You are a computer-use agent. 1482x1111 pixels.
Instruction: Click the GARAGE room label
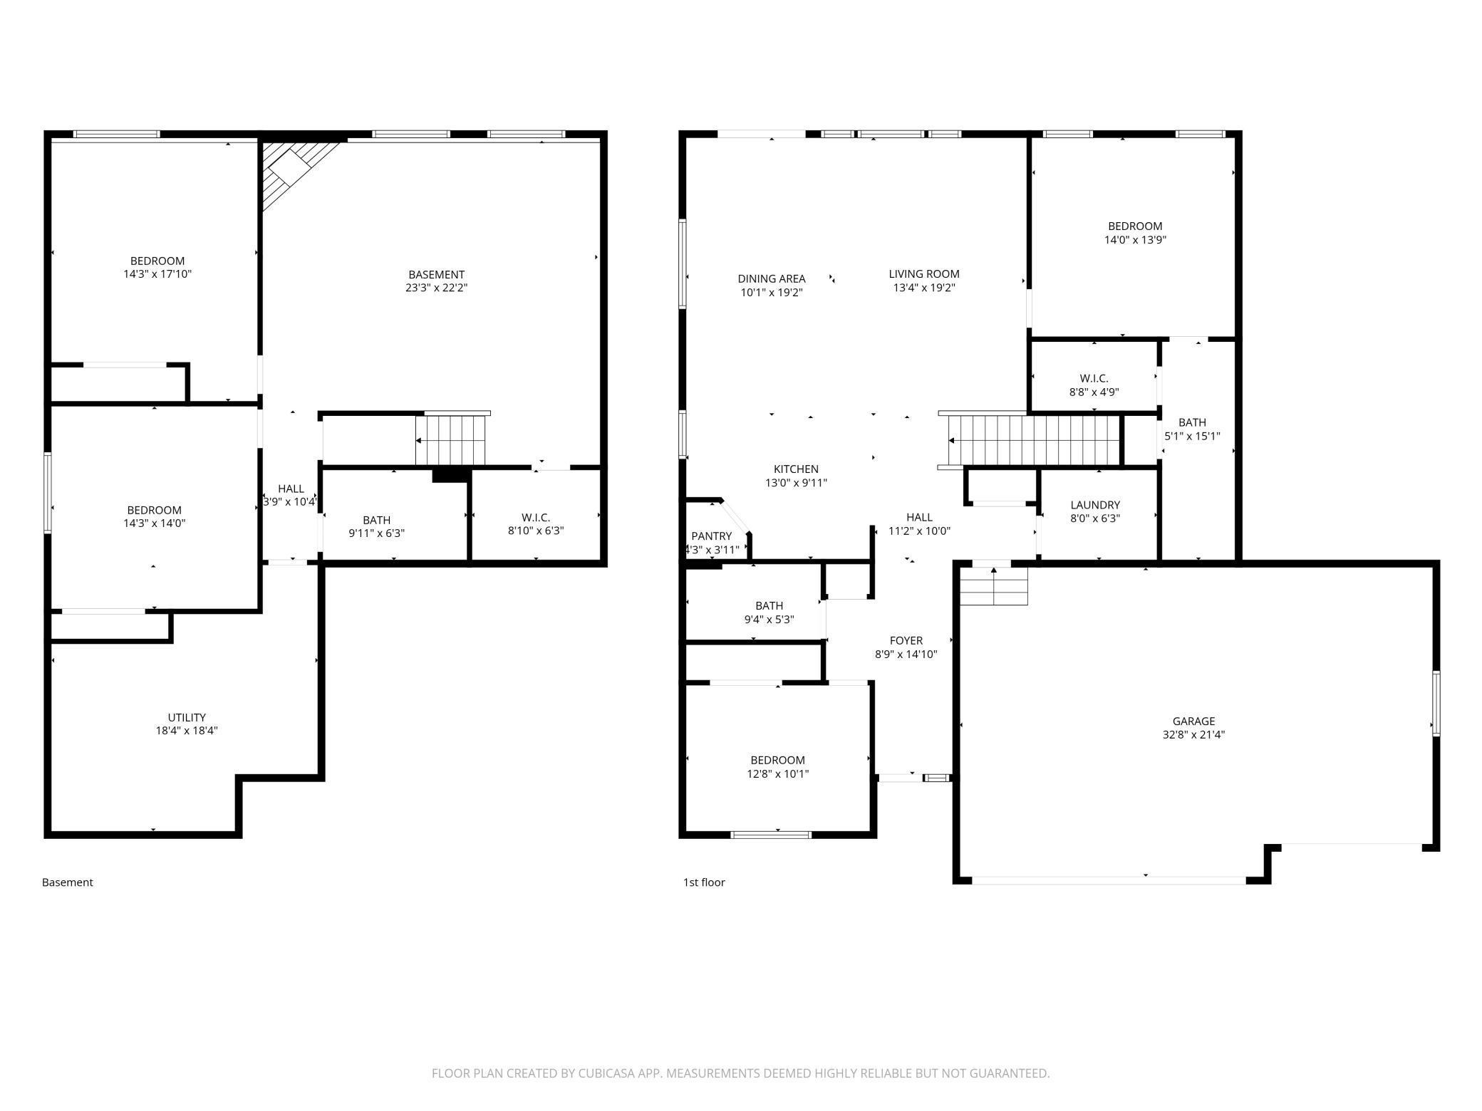tap(1193, 721)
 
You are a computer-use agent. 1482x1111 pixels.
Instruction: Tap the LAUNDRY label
tap(1095, 505)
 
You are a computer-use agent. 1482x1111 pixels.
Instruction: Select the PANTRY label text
tap(711, 536)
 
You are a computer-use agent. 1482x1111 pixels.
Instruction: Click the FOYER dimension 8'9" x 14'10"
tap(906, 654)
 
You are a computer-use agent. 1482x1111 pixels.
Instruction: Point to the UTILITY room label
tap(187, 717)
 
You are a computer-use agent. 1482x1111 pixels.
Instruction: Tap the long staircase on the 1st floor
tap(1033, 440)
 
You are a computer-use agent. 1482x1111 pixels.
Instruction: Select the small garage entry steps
tap(993, 587)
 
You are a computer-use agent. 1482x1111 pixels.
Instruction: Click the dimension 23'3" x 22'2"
tap(436, 288)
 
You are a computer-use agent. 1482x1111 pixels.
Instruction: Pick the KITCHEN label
tap(796, 469)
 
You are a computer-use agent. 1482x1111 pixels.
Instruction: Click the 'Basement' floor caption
tap(68, 882)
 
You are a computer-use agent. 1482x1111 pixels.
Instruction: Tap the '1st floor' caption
tap(704, 882)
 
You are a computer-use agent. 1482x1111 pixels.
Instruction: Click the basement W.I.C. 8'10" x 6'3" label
tap(536, 523)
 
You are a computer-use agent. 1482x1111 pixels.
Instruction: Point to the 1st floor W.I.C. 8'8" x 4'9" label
tap(1094, 385)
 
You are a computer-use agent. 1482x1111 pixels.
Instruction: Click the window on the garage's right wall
tap(1436, 704)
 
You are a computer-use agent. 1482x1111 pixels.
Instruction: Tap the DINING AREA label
tap(772, 278)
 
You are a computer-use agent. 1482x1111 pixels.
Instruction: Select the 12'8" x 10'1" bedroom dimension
tap(777, 773)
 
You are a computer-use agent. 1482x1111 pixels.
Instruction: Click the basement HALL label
tap(291, 489)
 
